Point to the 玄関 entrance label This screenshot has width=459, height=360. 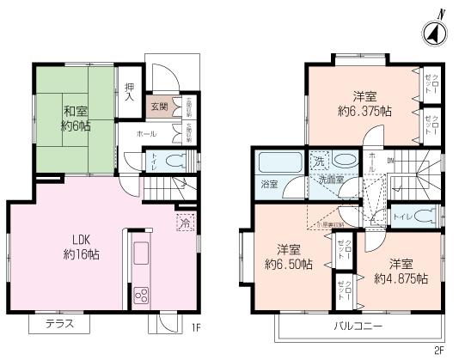tap(159, 107)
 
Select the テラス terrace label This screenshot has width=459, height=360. tap(58, 324)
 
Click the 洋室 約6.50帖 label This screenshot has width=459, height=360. tap(288, 256)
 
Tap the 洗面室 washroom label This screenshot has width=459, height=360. tap(327, 180)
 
